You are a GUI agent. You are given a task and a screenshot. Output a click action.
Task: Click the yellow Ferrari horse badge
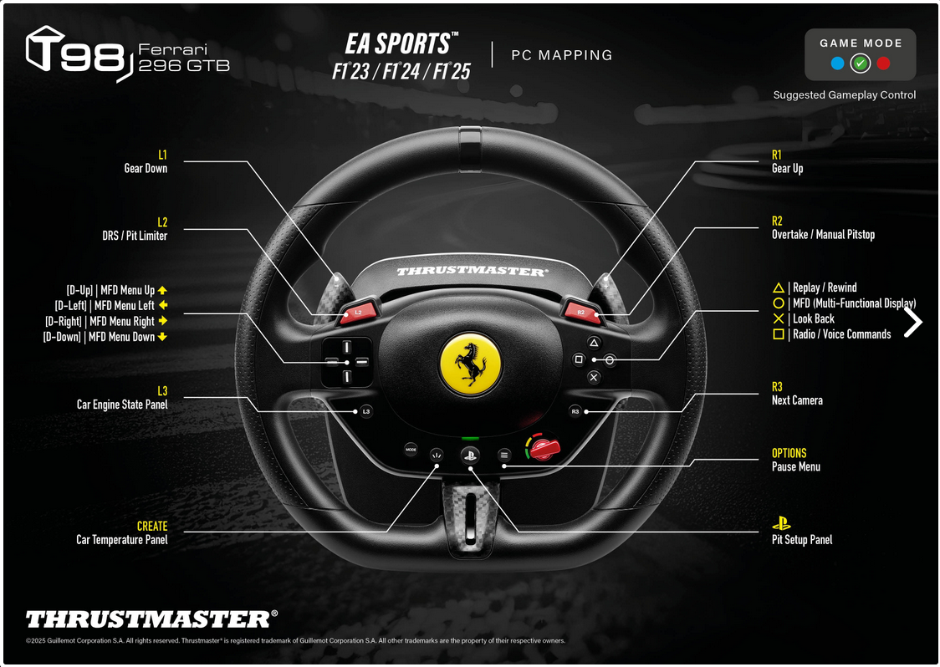point(471,363)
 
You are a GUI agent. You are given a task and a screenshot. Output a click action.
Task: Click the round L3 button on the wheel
point(365,411)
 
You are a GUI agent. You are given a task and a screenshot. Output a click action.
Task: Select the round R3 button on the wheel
point(575,411)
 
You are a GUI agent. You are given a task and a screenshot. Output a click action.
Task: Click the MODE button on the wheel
point(411,450)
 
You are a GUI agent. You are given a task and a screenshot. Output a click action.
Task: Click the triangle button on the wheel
point(594,343)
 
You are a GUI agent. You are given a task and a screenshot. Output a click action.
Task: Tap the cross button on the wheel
point(594,377)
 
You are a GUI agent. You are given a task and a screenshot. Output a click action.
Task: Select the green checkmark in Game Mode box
point(861,64)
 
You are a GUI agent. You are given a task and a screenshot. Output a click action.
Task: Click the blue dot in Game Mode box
point(837,64)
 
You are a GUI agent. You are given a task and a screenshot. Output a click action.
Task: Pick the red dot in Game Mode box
point(884,64)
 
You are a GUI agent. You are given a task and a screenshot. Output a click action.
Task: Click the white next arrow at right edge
point(913,322)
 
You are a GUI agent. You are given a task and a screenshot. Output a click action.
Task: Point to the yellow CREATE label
point(152,527)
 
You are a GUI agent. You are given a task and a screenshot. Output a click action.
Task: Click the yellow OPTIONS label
point(789,453)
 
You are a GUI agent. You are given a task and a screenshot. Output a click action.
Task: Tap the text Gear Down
point(146,168)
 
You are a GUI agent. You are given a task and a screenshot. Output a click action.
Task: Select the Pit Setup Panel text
point(801,540)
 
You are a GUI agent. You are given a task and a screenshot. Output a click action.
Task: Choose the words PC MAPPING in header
point(562,55)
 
